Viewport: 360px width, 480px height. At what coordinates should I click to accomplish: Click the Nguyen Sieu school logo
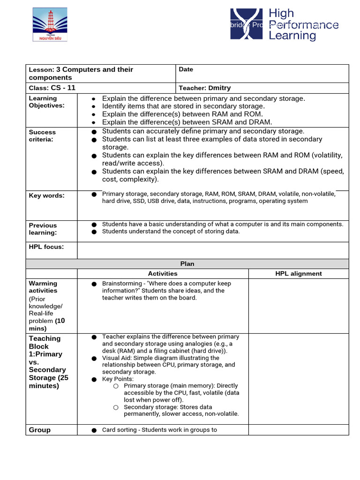(49, 24)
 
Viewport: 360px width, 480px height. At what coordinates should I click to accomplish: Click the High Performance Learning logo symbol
(246, 24)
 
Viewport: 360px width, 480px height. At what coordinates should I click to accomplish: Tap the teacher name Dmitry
(219, 88)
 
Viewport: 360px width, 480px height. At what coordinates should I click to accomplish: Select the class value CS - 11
(63, 88)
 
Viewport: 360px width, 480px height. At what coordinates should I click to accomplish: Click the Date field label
(186, 69)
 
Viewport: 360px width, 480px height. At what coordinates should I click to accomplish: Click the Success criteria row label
(42, 135)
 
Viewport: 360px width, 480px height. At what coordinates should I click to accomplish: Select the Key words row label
(47, 195)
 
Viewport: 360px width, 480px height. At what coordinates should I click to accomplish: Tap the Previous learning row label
(43, 229)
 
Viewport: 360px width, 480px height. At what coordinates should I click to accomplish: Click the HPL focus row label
(46, 247)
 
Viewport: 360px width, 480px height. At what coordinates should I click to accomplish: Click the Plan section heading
(187, 264)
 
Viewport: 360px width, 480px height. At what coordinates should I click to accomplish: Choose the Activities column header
(163, 274)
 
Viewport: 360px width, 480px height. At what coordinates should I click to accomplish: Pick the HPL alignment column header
(298, 274)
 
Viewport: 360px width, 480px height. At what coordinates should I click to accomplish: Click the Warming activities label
(43, 287)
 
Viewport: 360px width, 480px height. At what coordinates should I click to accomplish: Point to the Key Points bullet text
(118, 379)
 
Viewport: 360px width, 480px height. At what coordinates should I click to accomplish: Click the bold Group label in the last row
(40, 430)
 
